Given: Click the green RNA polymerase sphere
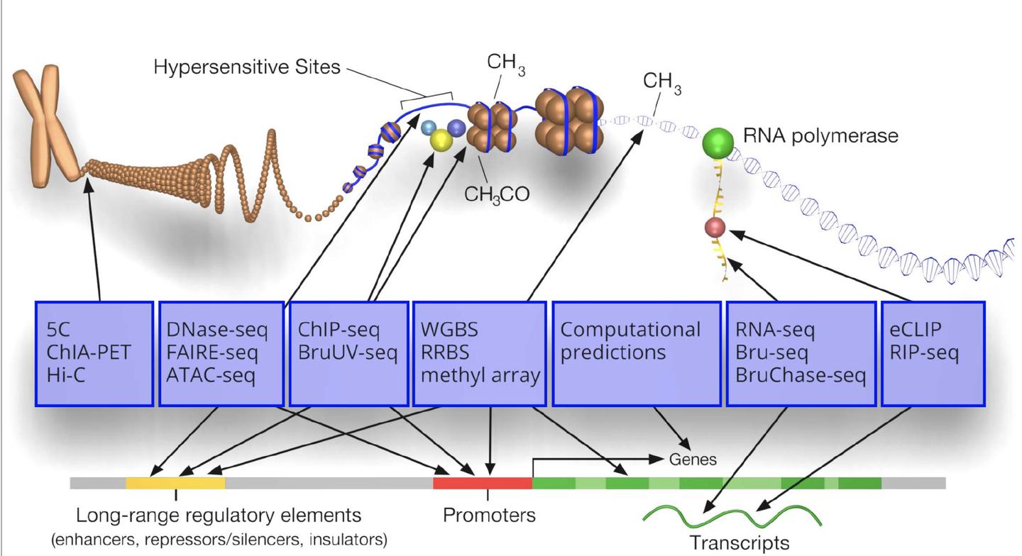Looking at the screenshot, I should (x=718, y=143).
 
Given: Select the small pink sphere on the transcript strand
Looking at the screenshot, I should (x=715, y=228).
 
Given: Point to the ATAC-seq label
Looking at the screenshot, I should (x=211, y=375).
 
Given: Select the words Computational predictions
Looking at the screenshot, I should (x=630, y=341).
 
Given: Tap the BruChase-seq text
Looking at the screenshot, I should (x=801, y=375).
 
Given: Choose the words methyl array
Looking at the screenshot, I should (x=480, y=375).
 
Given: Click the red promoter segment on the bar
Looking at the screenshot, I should (x=483, y=483).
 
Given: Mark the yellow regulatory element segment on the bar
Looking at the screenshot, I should (x=175, y=483).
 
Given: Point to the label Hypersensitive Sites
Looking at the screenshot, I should (x=247, y=67).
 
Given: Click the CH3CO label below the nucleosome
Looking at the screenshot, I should (x=497, y=194).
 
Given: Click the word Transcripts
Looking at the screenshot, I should (x=740, y=543).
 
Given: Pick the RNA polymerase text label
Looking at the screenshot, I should (x=820, y=135).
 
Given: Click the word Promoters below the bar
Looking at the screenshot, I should (x=489, y=515).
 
